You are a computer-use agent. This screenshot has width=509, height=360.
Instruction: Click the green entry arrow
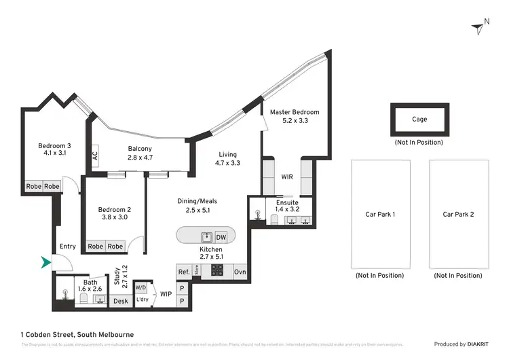coord(46,262)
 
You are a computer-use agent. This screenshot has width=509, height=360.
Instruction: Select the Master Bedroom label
coord(294,112)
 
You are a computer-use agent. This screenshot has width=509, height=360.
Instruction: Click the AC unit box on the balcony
coord(94,156)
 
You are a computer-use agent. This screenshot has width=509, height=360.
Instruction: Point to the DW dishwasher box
coord(221,237)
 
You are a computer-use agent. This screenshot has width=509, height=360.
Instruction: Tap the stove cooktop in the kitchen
coord(216,271)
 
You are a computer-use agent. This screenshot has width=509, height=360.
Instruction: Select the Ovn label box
coord(240,272)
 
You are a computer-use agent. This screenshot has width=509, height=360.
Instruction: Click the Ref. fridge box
coord(183,272)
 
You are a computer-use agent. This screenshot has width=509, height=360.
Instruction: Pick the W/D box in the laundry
coord(141,287)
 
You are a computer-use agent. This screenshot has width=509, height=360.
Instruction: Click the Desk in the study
coord(120,301)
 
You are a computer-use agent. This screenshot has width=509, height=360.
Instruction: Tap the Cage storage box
coord(419,120)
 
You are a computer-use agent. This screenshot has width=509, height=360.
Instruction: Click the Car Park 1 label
coord(380,214)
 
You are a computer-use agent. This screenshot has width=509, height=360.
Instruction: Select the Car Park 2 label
coord(458,214)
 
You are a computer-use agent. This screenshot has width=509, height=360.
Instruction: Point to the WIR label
coord(288,177)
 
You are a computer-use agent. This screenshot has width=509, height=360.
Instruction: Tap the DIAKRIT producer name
coord(473,344)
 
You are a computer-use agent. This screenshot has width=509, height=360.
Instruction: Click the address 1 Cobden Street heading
coord(77,334)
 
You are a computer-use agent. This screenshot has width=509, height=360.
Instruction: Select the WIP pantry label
coord(166,294)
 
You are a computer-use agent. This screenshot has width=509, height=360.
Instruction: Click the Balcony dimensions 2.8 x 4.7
coord(140,158)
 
